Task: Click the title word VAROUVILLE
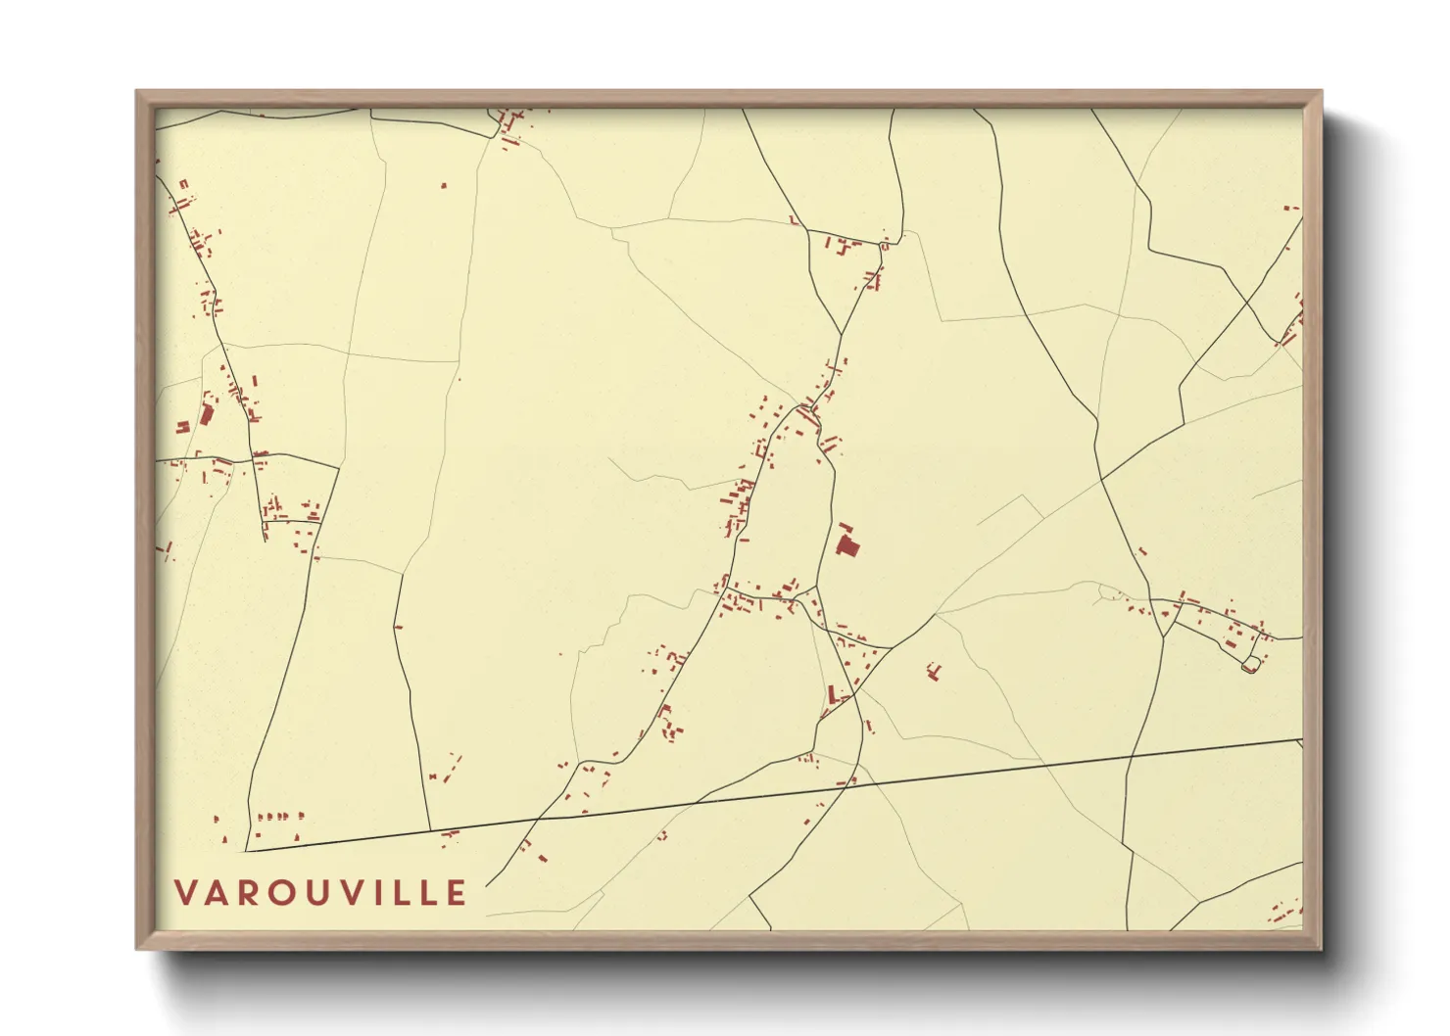(x=320, y=893)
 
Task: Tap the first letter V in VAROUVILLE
(x=185, y=893)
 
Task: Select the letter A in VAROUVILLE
(x=217, y=893)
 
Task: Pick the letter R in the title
(x=247, y=893)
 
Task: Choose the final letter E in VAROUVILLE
(x=457, y=893)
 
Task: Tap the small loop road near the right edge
(x=1249, y=666)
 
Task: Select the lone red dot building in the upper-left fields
(x=444, y=184)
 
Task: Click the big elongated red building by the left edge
(x=207, y=413)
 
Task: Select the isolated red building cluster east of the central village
(x=934, y=672)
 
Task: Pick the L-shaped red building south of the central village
(x=834, y=696)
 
